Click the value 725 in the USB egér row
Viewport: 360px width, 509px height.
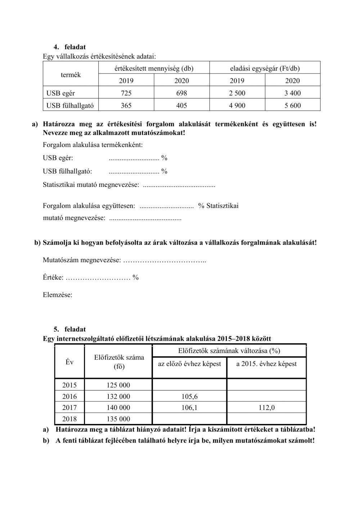(126, 93)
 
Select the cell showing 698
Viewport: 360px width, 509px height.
(181, 93)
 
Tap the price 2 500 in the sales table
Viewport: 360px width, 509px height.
(237, 93)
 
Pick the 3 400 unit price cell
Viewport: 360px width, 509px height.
(292, 93)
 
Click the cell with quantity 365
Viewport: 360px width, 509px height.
(126, 106)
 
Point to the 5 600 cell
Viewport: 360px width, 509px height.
(292, 106)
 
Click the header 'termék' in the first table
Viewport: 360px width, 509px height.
(71, 75)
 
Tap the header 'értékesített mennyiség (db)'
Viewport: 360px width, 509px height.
(154, 68)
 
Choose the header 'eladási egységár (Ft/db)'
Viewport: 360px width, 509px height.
(265, 68)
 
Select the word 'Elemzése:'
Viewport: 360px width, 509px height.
(58, 295)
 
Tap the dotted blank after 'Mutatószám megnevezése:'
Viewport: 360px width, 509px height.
(165, 260)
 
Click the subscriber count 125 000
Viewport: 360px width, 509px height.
(118, 385)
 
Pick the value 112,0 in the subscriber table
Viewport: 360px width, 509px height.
(266, 408)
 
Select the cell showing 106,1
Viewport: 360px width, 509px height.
(189, 408)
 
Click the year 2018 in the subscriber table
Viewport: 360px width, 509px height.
(69, 419)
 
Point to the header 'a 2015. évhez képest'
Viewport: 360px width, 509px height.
(266, 364)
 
